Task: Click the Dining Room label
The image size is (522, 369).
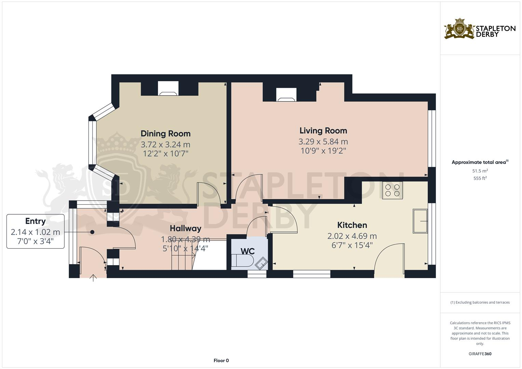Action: coord(165,134)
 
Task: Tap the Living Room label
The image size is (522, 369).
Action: coord(323,131)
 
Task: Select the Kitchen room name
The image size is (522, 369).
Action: coord(352,225)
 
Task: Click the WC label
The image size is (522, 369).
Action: coord(247,251)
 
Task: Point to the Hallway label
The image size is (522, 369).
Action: coord(185,228)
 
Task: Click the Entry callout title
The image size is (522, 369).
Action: coord(35,221)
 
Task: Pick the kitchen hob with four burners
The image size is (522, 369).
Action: coord(392,190)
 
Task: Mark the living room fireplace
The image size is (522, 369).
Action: coord(286,95)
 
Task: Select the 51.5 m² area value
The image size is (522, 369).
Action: coord(480,170)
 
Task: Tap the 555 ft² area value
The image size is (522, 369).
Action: coord(480,178)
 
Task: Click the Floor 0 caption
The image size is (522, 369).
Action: coord(221,360)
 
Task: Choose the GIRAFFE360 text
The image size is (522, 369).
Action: coord(480,354)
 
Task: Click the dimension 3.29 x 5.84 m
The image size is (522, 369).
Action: coord(323,141)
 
